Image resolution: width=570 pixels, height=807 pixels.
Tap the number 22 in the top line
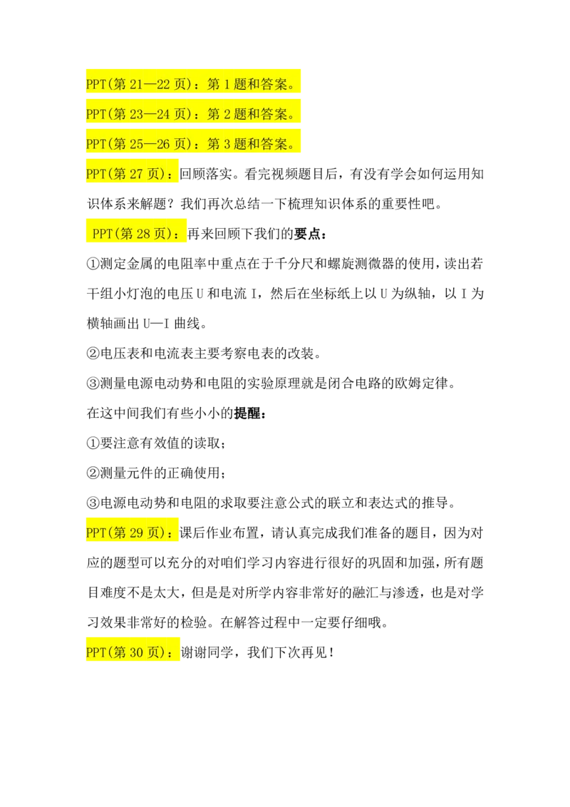point(163,85)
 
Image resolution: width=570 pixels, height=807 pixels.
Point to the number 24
point(163,114)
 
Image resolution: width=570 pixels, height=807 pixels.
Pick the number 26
point(163,144)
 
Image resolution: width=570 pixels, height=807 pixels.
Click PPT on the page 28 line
point(103,234)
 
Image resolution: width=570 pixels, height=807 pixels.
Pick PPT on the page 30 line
point(95,652)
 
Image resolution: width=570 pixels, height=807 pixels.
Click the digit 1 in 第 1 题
point(228,85)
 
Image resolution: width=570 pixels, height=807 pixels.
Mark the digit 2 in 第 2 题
point(228,114)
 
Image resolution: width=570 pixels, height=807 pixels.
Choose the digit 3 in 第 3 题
point(228,144)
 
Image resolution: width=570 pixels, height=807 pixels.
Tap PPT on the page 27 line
point(95,174)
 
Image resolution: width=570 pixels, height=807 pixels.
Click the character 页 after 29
point(156,533)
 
